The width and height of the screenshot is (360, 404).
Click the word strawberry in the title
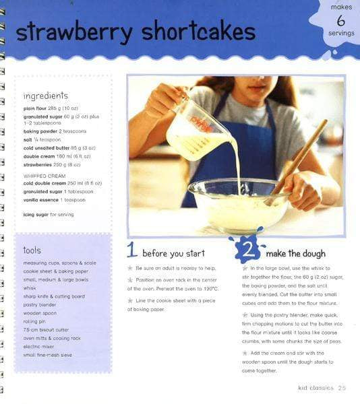[x=75, y=32]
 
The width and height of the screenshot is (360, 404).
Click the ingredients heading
[x=46, y=96]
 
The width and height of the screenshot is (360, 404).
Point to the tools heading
[x=32, y=250]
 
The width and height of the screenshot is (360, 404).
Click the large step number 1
[x=133, y=251]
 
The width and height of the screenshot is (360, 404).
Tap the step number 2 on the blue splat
[x=248, y=251]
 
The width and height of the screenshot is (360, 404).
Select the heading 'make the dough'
[x=296, y=254]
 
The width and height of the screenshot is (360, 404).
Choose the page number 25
[x=342, y=388]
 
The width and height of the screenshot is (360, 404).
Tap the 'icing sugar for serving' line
[x=49, y=215]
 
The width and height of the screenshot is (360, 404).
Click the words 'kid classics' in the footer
[x=315, y=388]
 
